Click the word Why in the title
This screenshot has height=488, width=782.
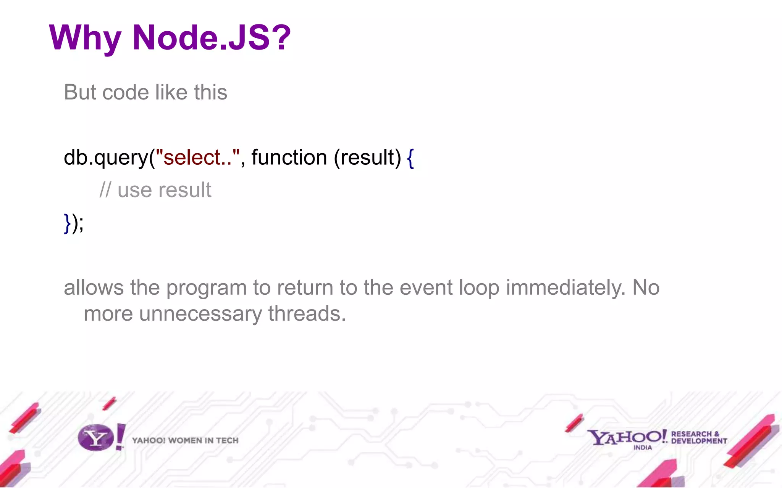point(85,38)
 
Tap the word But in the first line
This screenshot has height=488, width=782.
point(80,92)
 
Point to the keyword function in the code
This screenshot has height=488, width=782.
point(289,157)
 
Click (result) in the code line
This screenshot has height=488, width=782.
point(367,157)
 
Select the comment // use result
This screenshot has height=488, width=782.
point(155,190)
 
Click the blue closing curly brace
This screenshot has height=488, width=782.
point(67,223)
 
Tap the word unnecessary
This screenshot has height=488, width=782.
point(200,314)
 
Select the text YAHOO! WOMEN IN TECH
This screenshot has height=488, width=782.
point(185,441)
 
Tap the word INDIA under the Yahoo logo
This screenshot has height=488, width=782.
point(643,448)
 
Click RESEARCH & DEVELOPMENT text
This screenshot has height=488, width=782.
point(699,438)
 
